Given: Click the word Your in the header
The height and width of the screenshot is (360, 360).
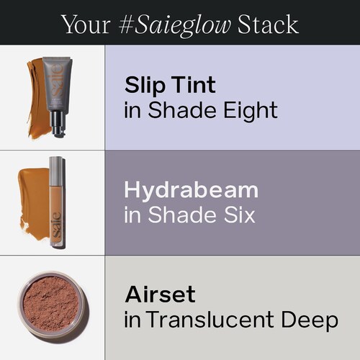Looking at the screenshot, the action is tap(86, 24).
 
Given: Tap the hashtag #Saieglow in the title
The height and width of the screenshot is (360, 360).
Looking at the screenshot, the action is tap(175, 26).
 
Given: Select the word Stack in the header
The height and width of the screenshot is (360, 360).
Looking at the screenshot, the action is tap(268, 24).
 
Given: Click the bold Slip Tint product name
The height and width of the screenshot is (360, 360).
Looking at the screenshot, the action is tap(170, 85).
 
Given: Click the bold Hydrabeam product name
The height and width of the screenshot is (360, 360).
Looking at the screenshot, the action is tap(191, 190).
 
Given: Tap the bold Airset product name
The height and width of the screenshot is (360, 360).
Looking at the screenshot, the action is tap(160, 294).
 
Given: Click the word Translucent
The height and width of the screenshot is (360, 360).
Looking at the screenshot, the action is tap(210, 320).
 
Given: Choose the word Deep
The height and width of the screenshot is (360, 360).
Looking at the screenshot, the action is tap(310, 321).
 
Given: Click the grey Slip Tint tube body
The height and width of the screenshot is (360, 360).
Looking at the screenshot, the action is tap(58, 84).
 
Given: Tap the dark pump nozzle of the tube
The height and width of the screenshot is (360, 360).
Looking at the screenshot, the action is tap(58, 125).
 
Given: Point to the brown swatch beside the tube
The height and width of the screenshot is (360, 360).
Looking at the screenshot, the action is tap(37, 99).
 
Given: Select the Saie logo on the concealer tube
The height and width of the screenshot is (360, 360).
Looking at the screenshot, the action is tap(56, 225).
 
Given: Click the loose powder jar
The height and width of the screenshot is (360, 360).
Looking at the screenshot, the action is tap(53, 305).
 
